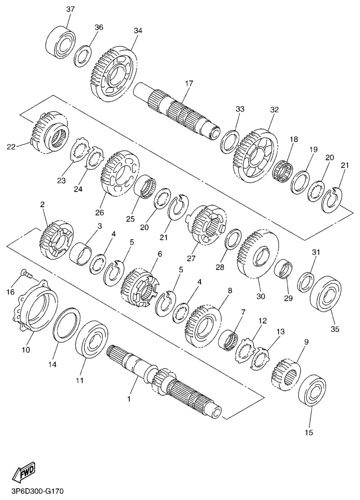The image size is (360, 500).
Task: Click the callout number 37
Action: coord(70,9)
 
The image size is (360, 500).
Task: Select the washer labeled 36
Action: coord(83,56)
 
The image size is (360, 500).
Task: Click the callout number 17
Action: coord(189,83)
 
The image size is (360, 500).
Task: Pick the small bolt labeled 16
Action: coord(26,273)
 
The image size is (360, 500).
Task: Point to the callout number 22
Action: coord(11,146)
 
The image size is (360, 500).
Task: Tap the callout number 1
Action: coord(129,399)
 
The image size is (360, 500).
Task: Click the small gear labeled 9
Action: coord(286,375)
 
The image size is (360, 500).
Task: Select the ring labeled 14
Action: coord(67,325)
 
